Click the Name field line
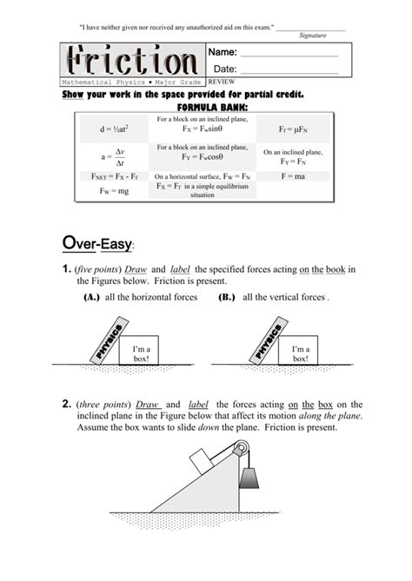point(288,56)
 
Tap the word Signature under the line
point(312,36)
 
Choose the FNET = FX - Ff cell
point(113,175)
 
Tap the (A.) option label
point(91,297)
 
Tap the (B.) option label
point(227,297)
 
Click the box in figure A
point(140,350)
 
